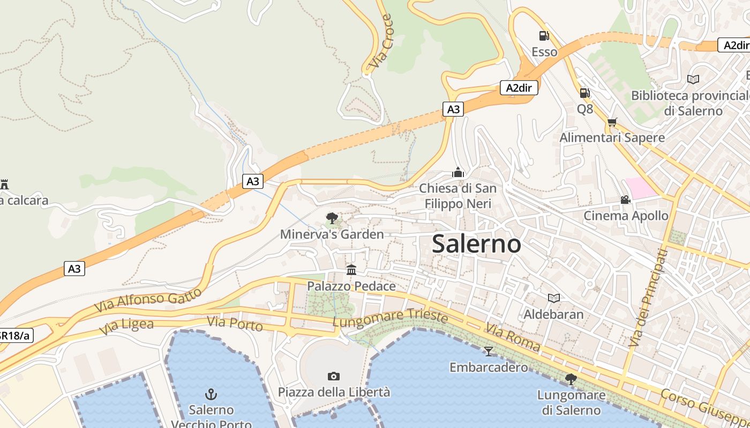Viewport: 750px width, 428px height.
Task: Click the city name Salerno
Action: coord(476,244)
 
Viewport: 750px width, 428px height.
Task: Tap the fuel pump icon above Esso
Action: coord(544,36)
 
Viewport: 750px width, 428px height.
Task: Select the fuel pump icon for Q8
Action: coord(584,93)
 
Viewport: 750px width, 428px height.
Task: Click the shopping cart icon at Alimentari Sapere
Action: coord(612,122)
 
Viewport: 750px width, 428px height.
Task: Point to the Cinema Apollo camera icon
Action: coord(625,200)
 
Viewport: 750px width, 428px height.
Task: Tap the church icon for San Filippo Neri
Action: coord(457,172)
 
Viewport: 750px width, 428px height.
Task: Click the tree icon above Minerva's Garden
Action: coord(332,218)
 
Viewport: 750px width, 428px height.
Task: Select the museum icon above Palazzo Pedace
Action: coord(351,270)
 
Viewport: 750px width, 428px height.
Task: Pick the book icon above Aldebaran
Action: coord(553,298)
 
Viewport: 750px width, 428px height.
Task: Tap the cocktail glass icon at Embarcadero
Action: coord(488,351)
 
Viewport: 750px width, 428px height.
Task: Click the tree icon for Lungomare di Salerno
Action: coord(571,379)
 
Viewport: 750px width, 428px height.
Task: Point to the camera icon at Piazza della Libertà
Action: coord(334,376)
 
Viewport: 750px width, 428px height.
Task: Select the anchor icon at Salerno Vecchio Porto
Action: coord(211,394)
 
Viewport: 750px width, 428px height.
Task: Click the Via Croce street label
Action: coord(381,42)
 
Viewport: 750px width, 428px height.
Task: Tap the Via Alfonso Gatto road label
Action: coord(148,301)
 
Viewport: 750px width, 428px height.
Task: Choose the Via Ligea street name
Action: coord(126,327)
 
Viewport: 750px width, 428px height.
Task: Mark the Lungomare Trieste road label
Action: coord(390,318)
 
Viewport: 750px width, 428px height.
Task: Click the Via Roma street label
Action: coord(513,338)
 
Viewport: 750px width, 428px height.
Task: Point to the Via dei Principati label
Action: coord(648,297)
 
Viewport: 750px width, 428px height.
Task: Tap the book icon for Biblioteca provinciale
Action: coord(693,79)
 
